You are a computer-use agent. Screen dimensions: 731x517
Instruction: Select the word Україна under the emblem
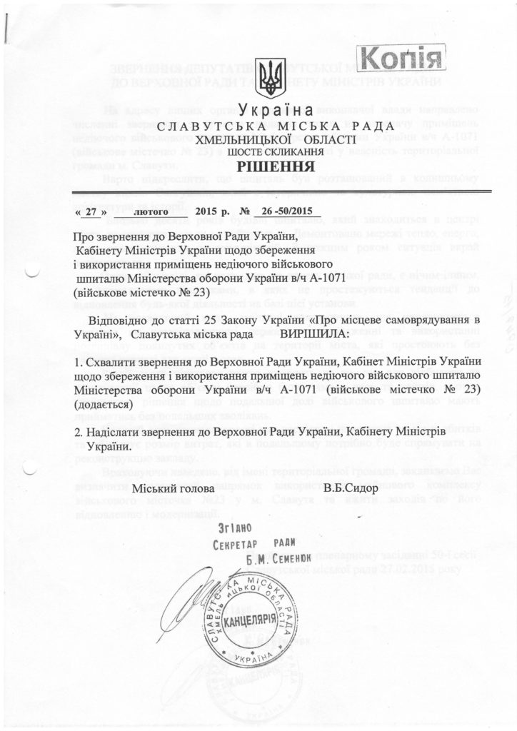click(271, 111)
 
